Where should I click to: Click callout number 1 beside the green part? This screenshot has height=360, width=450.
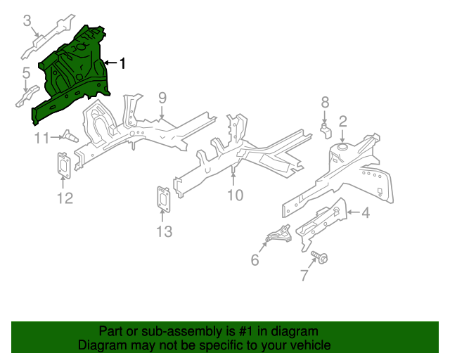point(123,64)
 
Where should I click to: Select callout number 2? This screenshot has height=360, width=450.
point(343,120)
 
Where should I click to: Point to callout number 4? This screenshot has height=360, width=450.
point(365,212)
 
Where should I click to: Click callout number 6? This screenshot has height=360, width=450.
point(255,260)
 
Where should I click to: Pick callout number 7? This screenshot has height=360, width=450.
point(304,276)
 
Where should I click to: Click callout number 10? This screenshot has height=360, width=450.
point(235,195)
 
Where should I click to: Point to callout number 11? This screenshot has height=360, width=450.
point(43,138)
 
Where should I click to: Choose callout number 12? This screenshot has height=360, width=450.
point(64,198)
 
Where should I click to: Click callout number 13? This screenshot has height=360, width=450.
point(163,231)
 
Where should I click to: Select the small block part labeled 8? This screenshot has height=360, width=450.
point(326,128)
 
